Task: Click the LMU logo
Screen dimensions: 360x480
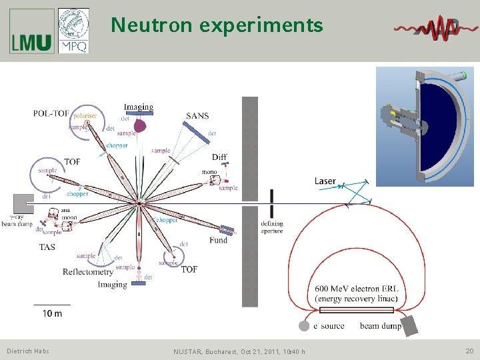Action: pyautogui.click(x=31, y=31)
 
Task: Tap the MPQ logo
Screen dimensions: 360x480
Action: pyautogui.click(x=73, y=31)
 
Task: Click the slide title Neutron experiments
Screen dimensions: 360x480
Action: pyautogui.click(x=217, y=25)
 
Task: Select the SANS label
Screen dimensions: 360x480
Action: pyautogui.click(x=197, y=116)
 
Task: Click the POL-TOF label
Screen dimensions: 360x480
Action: pyautogui.click(x=51, y=113)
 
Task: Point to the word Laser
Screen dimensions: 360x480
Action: pyautogui.click(x=325, y=181)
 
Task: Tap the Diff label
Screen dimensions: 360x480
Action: pyautogui.click(x=219, y=157)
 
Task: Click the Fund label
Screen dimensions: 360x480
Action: pyautogui.click(x=218, y=240)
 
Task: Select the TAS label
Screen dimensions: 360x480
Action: pyautogui.click(x=47, y=247)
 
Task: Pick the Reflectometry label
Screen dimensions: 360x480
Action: pyautogui.click(x=88, y=272)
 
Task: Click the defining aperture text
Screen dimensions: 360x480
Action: pyautogui.click(x=272, y=227)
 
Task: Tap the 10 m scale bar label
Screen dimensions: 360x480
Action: pyautogui.click(x=52, y=313)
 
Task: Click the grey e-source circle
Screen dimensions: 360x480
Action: pyautogui.click(x=304, y=326)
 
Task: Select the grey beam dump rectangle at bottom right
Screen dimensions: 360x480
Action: pyautogui.click(x=409, y=325)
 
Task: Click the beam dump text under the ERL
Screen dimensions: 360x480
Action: pyautogui.click(x=380, y=326)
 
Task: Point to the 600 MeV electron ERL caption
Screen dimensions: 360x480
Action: pyautogui.click(x=357, y=293)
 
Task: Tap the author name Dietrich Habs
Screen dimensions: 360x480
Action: pyautogui.click(x=28, y=351)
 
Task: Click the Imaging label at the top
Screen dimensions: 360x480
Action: pyautogui.click(x=138, y=107)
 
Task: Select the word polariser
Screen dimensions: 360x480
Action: pyautogui.click(x=85, y=115)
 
